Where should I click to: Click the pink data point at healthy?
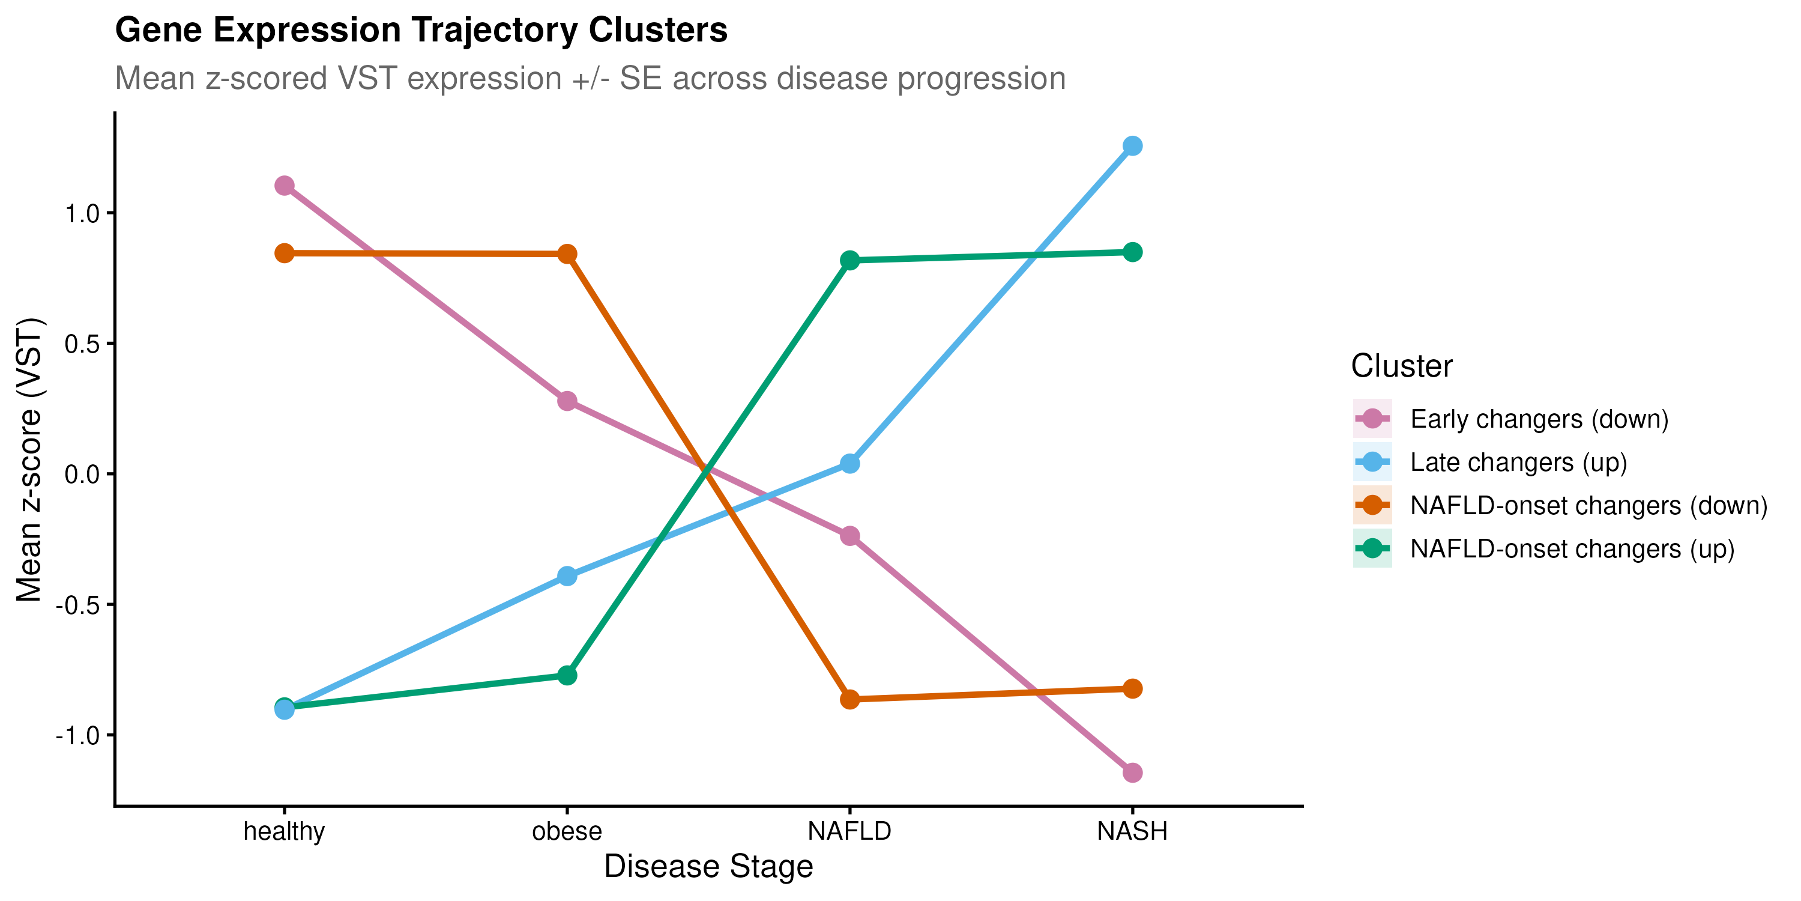(x=284, y=186)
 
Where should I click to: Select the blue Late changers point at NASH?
(x=1133, y=145)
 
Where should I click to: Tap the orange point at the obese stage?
(x=567, y=254)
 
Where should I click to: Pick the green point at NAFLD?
(x=849, y=260)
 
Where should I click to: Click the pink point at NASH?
(x=1133, y=773)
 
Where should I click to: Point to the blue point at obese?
(x=567, y=577)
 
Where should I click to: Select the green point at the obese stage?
(x=567, y=676)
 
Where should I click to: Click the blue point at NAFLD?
(x=849, y=463)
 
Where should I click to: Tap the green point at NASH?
(x=1133, y=252)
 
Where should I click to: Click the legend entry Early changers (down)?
(x=1538, y=419)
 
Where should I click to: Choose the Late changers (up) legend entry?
(x=1518, y=463)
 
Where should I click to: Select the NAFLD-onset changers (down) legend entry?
(x=1588, y=505)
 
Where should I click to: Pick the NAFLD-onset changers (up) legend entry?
(x=1572, y=548)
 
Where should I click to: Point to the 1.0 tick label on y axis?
(x=82, y=213)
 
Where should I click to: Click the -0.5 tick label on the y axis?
(x=78, y=605)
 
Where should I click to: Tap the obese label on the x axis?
(x=567, y=831)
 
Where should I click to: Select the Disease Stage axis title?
(x=708, y=866)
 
